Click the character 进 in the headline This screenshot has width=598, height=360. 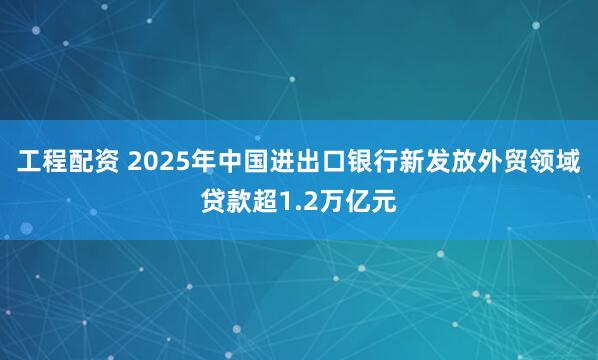pyautogui.click(x=280, y=163)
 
